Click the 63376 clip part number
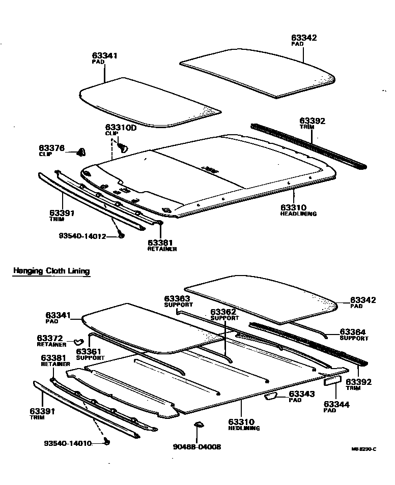[x=51, y=148]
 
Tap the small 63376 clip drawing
[x=81, y=151]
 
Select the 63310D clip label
[x=121, y=128]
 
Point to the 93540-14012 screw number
[x=81, y=236]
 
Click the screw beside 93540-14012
[x=121, y=235]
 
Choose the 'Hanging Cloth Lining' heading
[x=51, y=271]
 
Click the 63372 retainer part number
[x=49, y=338]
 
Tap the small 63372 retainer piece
[x=78, y=341]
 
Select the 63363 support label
[x=177, y=298]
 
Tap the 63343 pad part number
[x=302, y=394]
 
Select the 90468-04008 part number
[x=196, y=447]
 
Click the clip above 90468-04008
[x=199, y=424]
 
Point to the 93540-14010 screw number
[x=68, y=443]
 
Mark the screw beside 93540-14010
[x=107, y=442]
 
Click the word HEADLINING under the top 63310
[x=298, y=214]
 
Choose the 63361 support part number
[x=90, y=351]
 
